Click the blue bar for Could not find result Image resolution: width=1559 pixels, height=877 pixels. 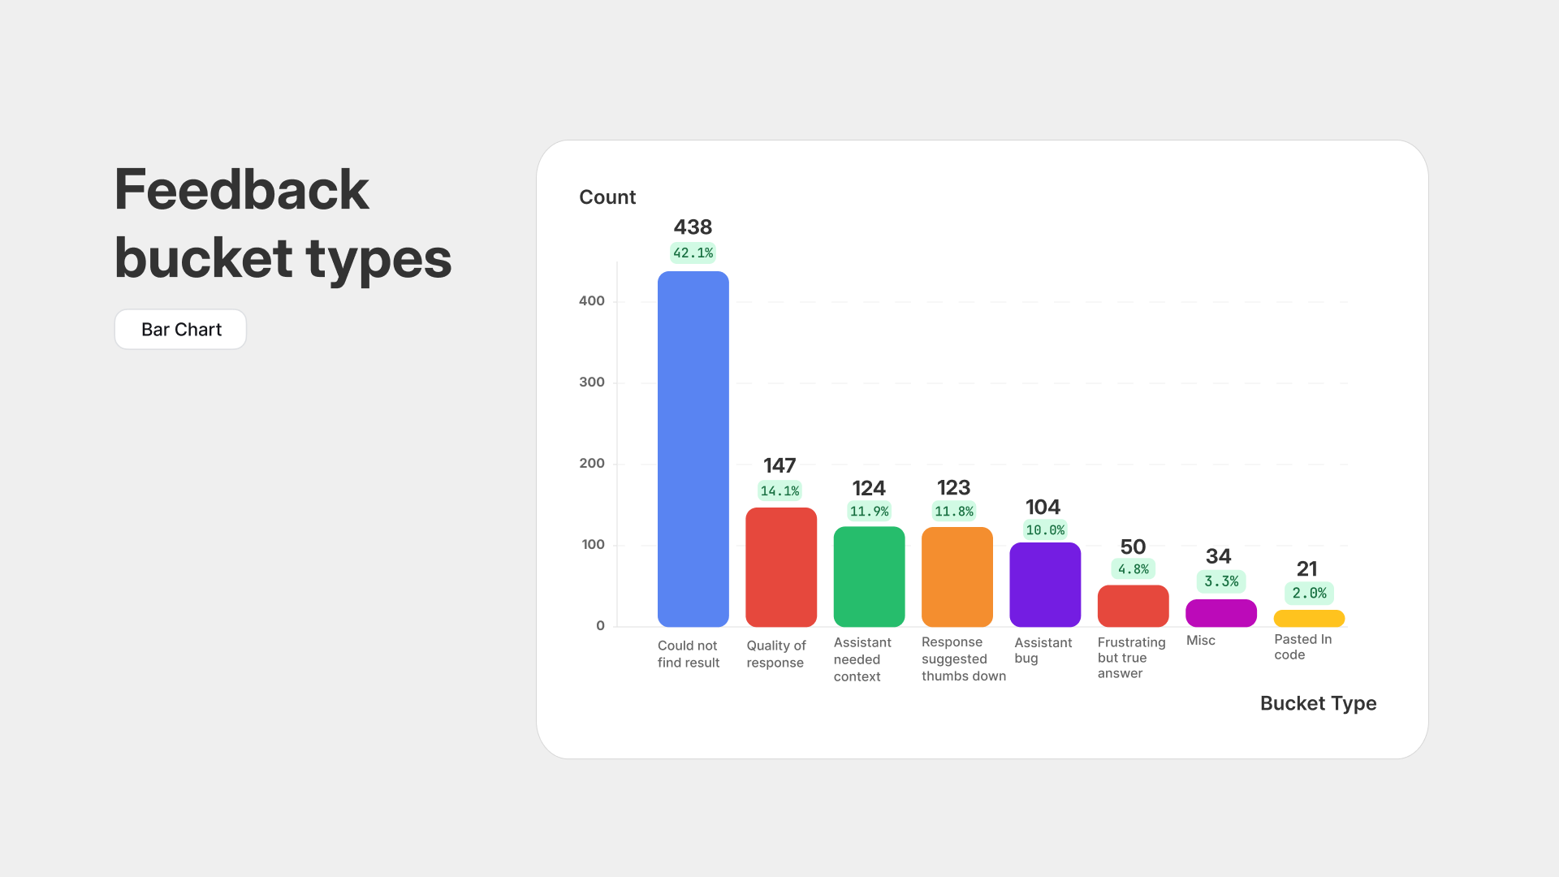coord(693,448)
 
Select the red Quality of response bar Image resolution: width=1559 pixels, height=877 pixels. coord(780,567)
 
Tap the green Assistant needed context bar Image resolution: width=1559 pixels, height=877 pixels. coord(869,577)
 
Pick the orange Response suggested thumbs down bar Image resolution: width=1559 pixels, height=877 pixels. coord(957,577)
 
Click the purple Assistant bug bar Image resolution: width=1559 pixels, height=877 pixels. coord(1045,585)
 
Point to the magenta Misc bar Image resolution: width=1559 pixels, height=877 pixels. coord(1220,613)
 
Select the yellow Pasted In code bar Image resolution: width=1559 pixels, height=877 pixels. coord(1309,619)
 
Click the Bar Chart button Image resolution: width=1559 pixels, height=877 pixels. coord(180,330)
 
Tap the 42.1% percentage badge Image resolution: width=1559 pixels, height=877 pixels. coord(693,253)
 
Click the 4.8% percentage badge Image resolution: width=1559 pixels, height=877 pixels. coord(1133,569)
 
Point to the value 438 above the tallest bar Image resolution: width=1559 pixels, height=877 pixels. coord(693,227)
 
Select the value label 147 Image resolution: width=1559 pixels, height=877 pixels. coord(779,465)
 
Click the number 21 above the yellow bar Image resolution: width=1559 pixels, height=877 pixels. coord(1306,568)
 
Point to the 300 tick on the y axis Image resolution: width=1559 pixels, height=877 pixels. coord(591,382)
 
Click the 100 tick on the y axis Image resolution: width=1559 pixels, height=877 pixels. coord(593,545)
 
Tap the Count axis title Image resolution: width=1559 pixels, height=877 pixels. coord(607,197)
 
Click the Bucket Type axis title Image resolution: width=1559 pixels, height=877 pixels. coord(1318,703)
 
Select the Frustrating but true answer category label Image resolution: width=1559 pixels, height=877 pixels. coord(1130,658)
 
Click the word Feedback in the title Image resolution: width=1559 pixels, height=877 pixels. coord(242,190)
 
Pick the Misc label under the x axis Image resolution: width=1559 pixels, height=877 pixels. coord(1200,641)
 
